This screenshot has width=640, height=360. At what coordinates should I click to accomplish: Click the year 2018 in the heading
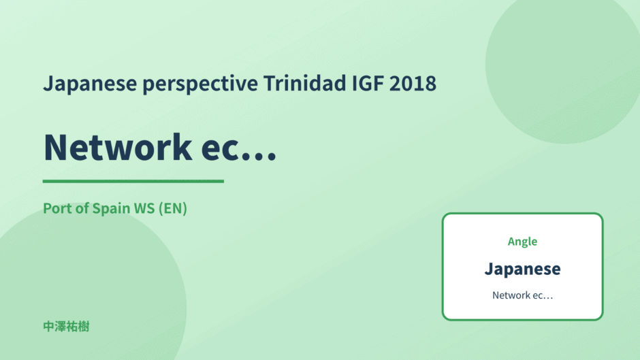(x=413, y=83)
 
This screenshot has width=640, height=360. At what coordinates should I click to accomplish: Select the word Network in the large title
(x=118, y=147)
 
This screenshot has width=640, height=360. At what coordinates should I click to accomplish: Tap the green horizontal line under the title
(x=133, y=181)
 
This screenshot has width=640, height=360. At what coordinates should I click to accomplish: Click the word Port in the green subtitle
(x=58, y=208)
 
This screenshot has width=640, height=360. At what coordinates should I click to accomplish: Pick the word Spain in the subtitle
(x=111, y=208)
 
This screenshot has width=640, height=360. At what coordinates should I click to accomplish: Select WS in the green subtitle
(x=144, y=208)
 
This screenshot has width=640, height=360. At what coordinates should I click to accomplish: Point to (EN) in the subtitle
(x=173, y=208)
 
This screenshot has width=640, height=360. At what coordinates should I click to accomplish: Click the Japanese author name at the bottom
(x=66, y=327)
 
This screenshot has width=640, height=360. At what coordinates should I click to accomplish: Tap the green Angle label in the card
(x=522, y=242)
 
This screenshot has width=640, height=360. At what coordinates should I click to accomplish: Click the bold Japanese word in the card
(x=522, y=269)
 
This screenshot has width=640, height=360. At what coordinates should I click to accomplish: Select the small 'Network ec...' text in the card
(x=522, y=295)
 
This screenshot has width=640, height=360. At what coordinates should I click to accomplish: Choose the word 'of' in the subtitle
(x=82, y=208)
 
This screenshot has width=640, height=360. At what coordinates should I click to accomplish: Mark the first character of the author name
(x=48, y=327)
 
